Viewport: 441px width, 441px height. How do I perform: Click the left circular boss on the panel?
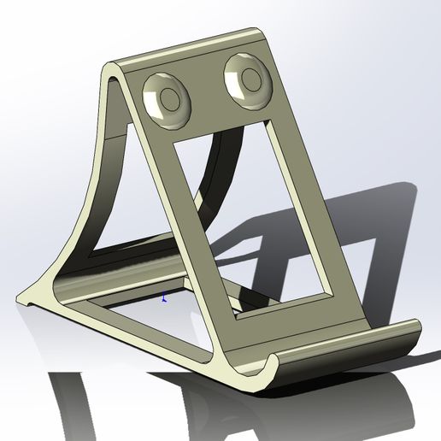click(x=167, y=96)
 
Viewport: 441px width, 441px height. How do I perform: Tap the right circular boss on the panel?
click(x=249, y=81)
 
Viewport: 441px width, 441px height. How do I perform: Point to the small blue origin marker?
click(x=163, y=297)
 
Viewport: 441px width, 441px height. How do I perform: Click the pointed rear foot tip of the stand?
click(x=21, y=297)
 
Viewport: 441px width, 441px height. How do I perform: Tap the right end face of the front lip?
click(x=414, y=334)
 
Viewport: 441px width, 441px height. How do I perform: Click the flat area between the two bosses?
click(x=208, y=89)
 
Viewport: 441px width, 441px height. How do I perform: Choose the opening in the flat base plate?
click(x=145, y=329)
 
